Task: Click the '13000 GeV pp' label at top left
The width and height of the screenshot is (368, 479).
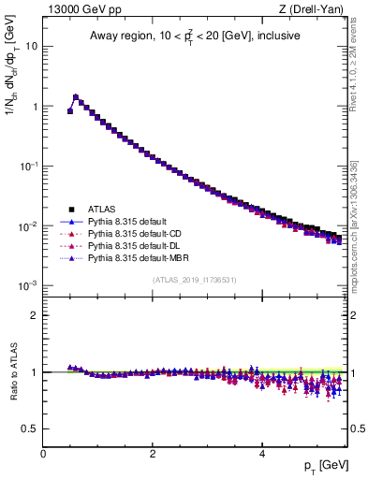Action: click(x=77, y=9)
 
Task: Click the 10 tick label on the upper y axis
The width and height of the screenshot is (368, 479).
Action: click(x=30, y=46)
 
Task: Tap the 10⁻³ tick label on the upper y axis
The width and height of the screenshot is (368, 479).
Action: click(x=28, y=285)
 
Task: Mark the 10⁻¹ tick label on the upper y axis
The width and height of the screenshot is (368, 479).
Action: click(x=28, y=166)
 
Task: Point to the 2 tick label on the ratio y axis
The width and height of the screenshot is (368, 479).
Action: click(x=33, y=315)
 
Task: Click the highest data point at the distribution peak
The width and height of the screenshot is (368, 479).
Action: click(x=76, y=96)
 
